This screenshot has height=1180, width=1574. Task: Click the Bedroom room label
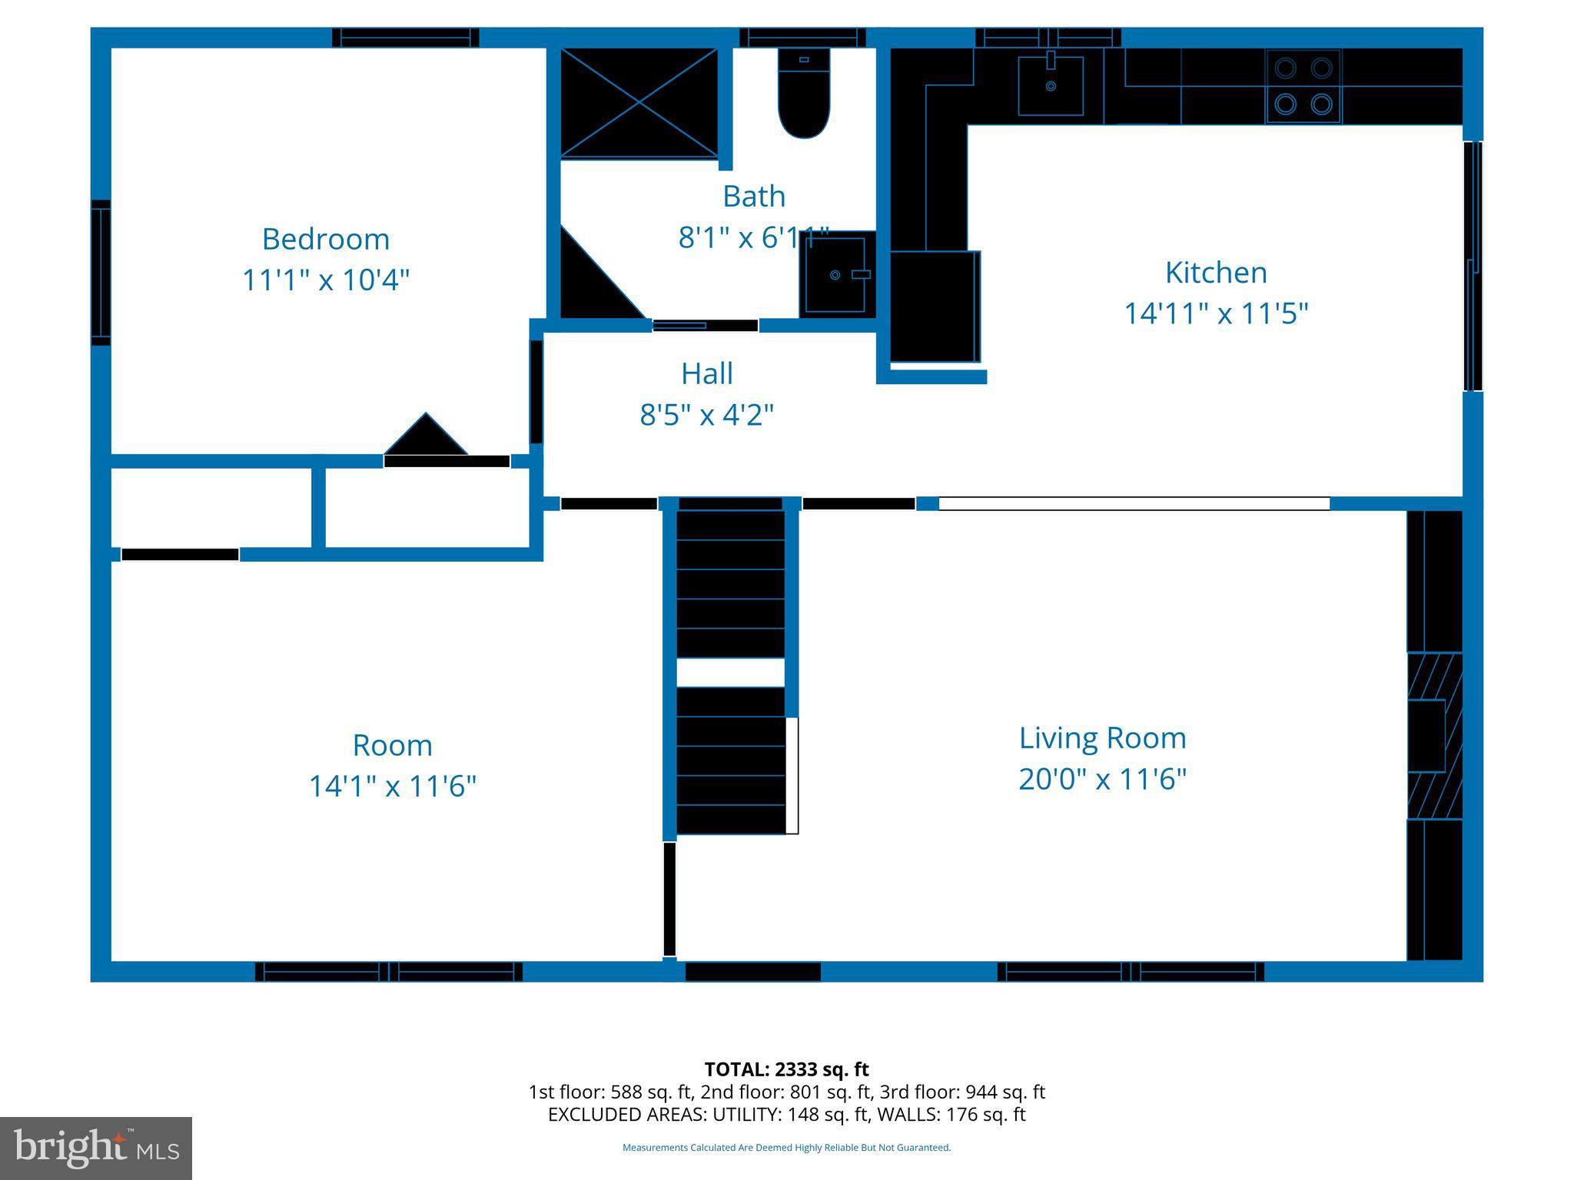pos(326,239)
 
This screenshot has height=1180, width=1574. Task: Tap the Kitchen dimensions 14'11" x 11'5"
pos(1216,313)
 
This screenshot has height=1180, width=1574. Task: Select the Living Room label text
pos(1103,738)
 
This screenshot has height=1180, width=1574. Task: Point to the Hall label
pos(707,373)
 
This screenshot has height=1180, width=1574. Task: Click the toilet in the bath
pos(804,93)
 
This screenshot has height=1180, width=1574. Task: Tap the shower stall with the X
pos(639,103)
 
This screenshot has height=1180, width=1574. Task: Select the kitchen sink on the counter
pos(1051,85)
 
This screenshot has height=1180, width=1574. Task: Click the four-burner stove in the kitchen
pos(1303,86)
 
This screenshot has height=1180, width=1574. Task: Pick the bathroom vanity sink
pos(838,273)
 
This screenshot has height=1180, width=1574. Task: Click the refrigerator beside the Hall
pos(935,306)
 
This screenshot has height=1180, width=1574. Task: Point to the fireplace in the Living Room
pos(1434,735)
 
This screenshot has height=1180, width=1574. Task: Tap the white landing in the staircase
pos(730,672)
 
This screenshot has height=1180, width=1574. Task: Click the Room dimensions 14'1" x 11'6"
pos(393,787)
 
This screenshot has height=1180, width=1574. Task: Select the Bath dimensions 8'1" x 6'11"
pos(754,238)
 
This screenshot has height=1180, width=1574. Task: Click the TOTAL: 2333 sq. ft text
pos(786,1069)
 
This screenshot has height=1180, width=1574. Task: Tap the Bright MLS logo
pos(96,1149)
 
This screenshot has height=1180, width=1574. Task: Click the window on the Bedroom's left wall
pos(101,273)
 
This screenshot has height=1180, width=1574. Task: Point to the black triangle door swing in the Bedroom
pos(426,434)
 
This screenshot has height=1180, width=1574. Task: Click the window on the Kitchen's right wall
pos(1473,266)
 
